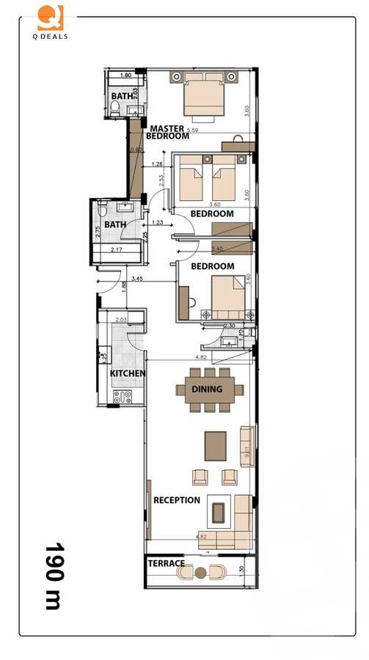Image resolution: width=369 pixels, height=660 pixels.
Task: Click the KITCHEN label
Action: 127,373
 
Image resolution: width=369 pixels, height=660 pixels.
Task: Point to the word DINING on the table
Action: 207,389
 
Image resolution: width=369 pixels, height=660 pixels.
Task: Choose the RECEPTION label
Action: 176,500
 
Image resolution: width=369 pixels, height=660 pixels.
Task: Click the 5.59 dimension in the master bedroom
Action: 193,131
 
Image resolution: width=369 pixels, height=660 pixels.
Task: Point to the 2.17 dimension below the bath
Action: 117,250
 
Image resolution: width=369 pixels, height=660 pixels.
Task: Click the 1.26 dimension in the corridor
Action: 156,164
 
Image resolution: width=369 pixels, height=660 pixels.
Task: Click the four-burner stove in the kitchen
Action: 123,397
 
